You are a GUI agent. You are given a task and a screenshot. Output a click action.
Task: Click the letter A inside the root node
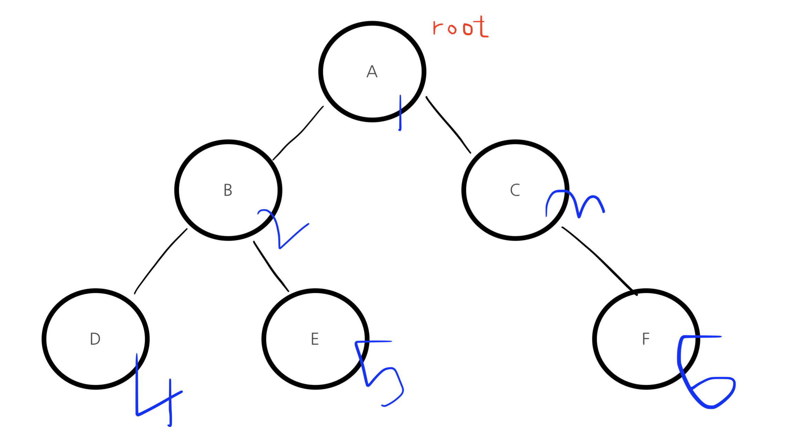coord(372,72)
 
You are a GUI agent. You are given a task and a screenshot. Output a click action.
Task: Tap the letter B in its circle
coord(228,190)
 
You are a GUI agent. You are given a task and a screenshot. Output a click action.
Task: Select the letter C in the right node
coord(515,190)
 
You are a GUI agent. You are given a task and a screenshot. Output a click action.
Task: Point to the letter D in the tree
coord(95,339)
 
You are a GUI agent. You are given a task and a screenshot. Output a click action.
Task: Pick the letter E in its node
coord(315,339)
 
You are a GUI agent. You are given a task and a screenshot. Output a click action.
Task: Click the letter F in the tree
coord(646,339)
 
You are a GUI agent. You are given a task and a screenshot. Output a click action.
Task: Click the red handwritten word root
coord(460,28)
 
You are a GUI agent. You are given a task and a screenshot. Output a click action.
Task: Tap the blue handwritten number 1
coord(400,113)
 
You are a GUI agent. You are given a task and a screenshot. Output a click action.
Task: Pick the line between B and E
coord(271,267)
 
